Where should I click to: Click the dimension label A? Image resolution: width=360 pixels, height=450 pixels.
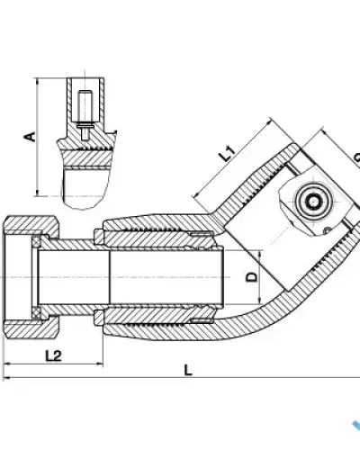tap(30, 137)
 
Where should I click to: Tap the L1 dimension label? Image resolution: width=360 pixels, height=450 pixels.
tap(227, 153)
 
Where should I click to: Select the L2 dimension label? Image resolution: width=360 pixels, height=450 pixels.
tap(53, 355)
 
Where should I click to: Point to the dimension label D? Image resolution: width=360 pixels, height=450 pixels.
tap(252, 277)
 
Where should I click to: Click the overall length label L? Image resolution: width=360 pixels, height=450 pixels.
tap(188, 370)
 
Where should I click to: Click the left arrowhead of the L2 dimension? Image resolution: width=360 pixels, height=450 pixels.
tap(6, 364)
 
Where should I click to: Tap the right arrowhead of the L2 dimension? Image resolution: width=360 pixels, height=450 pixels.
tap(100, 364)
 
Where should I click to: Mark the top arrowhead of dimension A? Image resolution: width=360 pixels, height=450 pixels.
tap(38, 82)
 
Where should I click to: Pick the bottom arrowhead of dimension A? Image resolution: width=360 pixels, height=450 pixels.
tap(38, 193)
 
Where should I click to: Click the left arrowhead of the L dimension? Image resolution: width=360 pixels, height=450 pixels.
tap(6, 377)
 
